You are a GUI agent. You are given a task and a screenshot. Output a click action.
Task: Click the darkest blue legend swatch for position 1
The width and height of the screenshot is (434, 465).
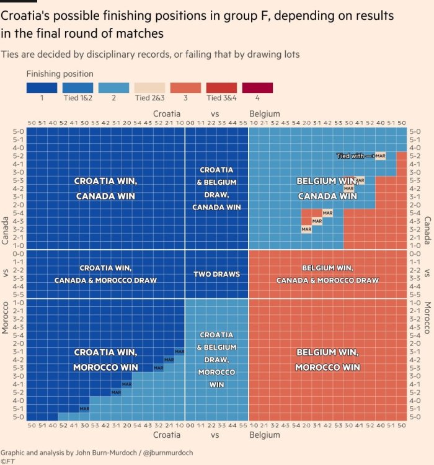coord(42,88)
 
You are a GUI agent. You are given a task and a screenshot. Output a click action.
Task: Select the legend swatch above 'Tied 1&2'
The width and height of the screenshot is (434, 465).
coord(77,88)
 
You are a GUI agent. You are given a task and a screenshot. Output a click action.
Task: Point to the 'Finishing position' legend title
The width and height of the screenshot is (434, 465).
coord(60,74)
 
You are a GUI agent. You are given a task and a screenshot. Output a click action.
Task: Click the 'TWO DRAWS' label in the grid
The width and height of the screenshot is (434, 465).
coord(216,274)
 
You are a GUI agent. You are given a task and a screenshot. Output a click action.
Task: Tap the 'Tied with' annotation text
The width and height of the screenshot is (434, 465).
coord(350,156)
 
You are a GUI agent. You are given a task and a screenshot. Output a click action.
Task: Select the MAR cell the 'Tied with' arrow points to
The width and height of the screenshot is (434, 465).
coord(380,156)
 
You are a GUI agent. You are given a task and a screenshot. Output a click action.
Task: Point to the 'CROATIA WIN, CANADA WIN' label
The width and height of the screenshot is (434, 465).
coord(105,188)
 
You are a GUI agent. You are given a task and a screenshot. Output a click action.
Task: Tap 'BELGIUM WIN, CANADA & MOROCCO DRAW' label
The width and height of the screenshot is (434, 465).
coord(327,274)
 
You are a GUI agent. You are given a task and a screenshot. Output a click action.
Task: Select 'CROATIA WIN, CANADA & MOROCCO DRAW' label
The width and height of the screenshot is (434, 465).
coord(105,274)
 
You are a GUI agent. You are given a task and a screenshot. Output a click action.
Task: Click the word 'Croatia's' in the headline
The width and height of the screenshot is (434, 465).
coord(27,14)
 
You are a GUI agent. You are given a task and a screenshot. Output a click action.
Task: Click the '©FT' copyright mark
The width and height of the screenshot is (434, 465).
coord(7,461)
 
